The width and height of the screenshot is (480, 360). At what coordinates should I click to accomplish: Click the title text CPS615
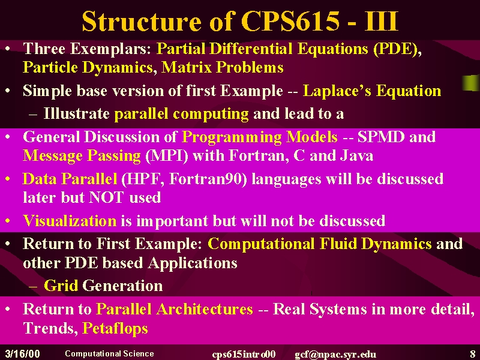290,21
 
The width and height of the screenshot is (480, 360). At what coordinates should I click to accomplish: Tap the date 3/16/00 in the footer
23,353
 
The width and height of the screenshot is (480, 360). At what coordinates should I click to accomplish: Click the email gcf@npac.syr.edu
335,354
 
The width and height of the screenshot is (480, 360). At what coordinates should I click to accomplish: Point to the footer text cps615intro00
244,354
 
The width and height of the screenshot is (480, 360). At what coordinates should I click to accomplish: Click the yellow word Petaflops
115,329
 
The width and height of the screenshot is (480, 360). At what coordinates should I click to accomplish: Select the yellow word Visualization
70,220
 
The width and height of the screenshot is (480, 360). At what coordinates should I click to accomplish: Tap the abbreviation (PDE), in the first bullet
397,49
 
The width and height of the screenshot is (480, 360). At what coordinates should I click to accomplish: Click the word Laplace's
337,91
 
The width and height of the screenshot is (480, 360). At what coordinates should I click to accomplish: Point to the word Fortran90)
208,179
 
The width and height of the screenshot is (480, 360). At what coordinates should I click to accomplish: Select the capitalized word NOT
106,197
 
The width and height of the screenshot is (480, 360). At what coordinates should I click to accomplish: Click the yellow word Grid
61,286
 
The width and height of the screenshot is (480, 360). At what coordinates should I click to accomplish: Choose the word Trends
49,328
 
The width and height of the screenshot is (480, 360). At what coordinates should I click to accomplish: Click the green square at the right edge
471,83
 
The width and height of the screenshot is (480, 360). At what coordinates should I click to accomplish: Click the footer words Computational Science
109,353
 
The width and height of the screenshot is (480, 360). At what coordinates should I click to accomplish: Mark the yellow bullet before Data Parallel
8,179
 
